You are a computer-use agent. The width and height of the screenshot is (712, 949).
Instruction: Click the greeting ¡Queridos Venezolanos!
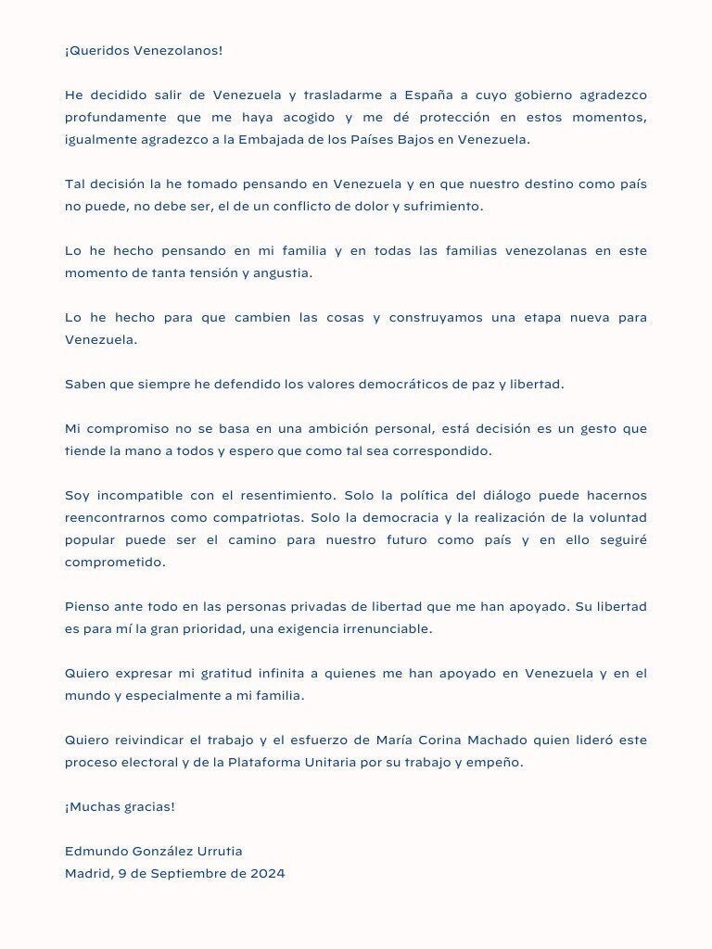[x=144, y=50]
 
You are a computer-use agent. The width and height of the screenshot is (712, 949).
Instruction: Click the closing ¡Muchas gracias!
[x=120, y=806]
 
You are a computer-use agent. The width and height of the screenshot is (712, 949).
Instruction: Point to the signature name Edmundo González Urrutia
[x=154, y=851]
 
